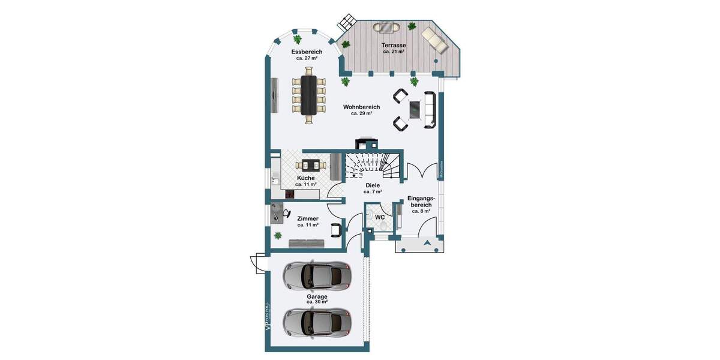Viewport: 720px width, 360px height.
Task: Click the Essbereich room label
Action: pyautogui.click(x=307, y=52)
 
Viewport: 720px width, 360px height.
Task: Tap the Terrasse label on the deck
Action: pyautogui.click(x=394, y=46)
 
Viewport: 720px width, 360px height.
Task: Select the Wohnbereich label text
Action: pyautogui.click(x=361, y=107)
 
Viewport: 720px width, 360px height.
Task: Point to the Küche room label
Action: pyautogui.click(x=306, y=179)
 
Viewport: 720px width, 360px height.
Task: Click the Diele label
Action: pyautogui.click(x=373, y=186)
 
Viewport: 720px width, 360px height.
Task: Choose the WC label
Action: pyautogui.click(x=380, y=217)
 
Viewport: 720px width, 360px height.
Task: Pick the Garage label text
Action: pyautogui.click(x=317, y=296)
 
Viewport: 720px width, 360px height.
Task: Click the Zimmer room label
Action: pyautogui.click(x=308, y=219)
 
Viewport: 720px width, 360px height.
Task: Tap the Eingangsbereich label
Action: pyautogui.click(x=423, y=201)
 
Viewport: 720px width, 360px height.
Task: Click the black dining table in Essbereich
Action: pyautogui.click(x=309, y=95)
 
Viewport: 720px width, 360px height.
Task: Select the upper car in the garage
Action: pyautogui.click(x=316, y=275)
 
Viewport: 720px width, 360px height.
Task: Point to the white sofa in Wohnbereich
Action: pyautogui.click(x=430, y=109)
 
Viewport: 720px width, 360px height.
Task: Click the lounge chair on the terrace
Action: pyautogui.click(x=434, y=40)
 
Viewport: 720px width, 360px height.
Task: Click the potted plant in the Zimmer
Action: pyautogui.click(x=278, y=235)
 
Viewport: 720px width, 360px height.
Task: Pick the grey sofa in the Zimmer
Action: pyautogui.click(x=307, y=243)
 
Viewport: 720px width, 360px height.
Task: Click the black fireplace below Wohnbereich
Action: pyautogui.click(x=367, y=144)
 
